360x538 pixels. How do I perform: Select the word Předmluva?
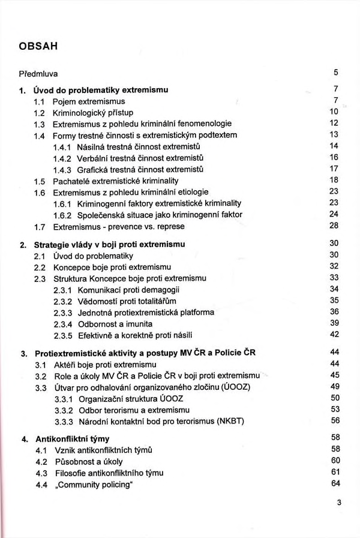[x=38, y=74]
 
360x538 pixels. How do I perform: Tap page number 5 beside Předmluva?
[x=336, y=73]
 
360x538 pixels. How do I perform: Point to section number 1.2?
[x=40, y=113]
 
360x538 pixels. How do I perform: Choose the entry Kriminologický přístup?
[x=93, y=113]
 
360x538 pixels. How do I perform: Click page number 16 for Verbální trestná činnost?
[x=335, y=157]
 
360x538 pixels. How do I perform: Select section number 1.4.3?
[x=62, y=169]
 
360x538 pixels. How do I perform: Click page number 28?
[x=335, y=225]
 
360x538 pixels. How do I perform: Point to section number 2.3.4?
[x=62, y=323]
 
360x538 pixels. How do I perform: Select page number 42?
[x=335, y=334]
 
